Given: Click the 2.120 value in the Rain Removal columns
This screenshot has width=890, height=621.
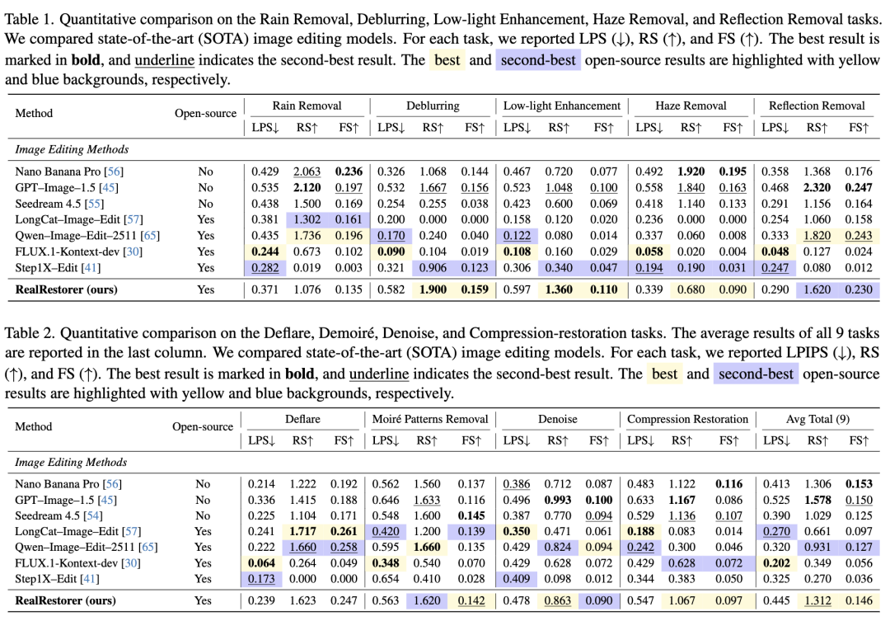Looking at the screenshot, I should coord(308,188).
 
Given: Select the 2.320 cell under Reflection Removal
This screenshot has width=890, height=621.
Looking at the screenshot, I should coord(816,188).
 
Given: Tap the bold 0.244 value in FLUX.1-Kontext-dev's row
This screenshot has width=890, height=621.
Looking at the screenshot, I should coord(265,251).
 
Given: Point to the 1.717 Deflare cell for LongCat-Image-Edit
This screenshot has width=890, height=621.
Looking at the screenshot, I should coord(303,530).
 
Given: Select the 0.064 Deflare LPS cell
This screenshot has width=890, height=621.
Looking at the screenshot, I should coord(264,562).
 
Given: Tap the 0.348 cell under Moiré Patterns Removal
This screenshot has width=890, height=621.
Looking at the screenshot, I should coord(386,562).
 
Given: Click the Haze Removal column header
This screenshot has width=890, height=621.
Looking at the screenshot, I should coord(691,106).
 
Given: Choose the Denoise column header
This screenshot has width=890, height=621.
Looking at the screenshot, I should coord(558,419).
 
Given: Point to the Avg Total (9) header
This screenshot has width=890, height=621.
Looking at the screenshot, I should coord(817,419).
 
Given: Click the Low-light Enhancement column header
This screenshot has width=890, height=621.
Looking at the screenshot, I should coord(562,106).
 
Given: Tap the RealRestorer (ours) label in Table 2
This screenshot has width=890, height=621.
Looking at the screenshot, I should coord(66,601).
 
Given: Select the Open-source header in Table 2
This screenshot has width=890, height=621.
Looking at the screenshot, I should coord(203,426).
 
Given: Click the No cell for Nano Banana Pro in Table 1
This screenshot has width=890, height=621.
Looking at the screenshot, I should coord(205,172).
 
